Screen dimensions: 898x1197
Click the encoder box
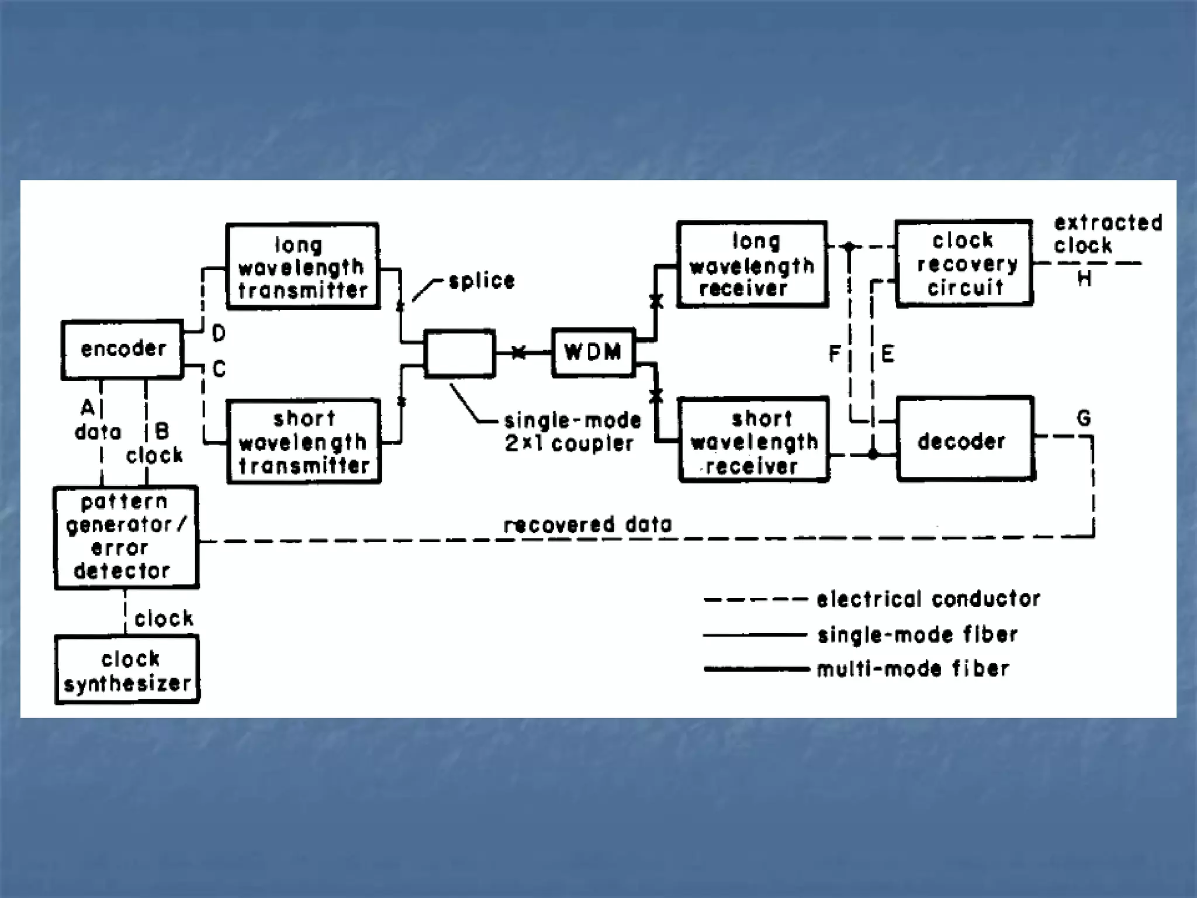click(x=122, y=350)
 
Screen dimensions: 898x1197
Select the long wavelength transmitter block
click(x=302, y=266)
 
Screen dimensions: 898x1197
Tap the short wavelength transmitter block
click(x=303, y=441)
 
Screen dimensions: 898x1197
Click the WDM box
click(x=593, y=353)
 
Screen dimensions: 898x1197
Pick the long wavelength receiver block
click(x=752, y=264)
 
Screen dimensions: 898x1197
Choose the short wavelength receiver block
click(x=754, y=440)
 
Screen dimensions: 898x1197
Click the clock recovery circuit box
click(x=964, y=263)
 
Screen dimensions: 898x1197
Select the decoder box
click(x=965, y=439)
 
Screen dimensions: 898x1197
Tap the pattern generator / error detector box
click(x=126, y=537)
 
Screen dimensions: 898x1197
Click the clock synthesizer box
click(x=127, y=670)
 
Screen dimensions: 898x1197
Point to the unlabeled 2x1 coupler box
click(x=459, y=353)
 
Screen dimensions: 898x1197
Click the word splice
click(x=482, y=281)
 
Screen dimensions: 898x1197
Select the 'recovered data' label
click(x=587, y=524)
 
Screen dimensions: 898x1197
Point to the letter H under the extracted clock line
click(x=1084, y=279)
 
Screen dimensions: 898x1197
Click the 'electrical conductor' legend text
click(x=928, y=599)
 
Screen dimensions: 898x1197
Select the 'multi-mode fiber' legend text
click(x=913, y=669)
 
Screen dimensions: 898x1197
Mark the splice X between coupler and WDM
click(x=518, y=353)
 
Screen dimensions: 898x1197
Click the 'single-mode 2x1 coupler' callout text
click(x=571, y=432)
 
